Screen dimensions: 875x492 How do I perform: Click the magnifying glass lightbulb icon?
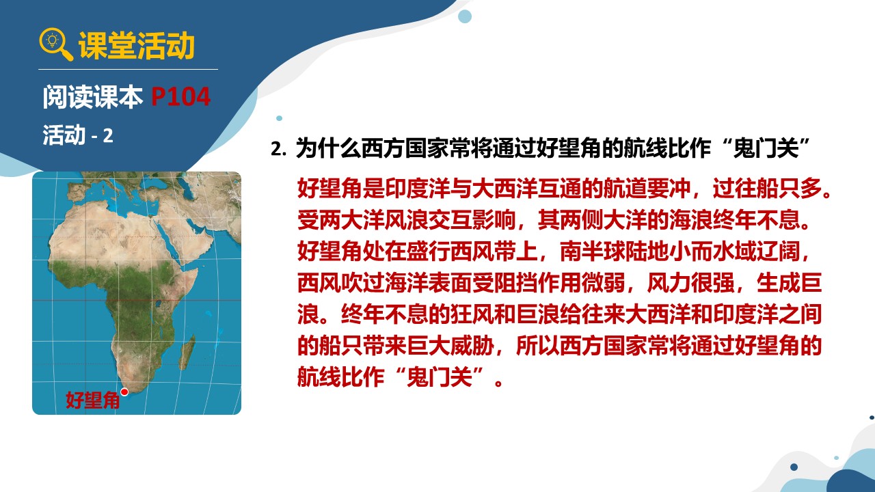[x=55, y=44]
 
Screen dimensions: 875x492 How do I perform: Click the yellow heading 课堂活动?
[x=137, y=45]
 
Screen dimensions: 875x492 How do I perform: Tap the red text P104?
[x=181, y=96]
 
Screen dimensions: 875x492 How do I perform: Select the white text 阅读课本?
[x=93, y=96]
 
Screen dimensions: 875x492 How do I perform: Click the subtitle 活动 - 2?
[x=78, y=135]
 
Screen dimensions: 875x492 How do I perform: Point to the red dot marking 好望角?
[x=124, y=392]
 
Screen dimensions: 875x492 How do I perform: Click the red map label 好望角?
[x=92, y=400]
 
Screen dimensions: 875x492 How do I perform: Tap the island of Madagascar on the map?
[x=188, y=348]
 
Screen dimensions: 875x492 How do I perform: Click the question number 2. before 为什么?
[x=278, y=149]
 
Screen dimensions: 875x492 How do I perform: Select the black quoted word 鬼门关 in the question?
[x=766, y=148]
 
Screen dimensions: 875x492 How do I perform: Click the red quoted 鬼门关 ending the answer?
[x=440, y=377]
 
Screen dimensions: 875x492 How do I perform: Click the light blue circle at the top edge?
[x=464, y=16]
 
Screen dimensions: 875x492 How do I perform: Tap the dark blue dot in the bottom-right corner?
[x=794, y=467]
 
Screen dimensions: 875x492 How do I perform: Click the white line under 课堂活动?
[x=128, y=69]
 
